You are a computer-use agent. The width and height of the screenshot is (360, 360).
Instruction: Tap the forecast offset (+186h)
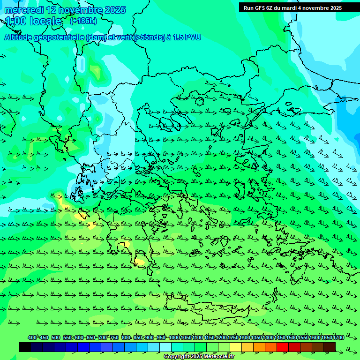tap(83, 21)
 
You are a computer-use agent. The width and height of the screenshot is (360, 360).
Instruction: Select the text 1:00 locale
tap(33, 21)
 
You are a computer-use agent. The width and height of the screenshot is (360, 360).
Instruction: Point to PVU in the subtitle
tap(193, 37)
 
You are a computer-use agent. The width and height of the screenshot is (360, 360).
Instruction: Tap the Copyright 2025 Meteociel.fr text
tap(199, 357)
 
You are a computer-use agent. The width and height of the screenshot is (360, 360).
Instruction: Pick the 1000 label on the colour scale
tap(174, 338)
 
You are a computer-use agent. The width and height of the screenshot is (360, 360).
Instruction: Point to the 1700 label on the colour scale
tap(338, 338)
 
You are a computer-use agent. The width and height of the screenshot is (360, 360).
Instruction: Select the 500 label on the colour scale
tap(56, 338)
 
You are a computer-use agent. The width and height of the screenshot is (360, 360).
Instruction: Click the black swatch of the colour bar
tap(25, 347)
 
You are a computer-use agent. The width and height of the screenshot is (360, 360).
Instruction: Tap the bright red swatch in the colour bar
tap(283, 347)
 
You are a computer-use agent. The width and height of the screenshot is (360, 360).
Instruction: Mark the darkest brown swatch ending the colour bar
tap(330, 347)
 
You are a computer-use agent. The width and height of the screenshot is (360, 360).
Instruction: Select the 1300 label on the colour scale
tap(245, 338)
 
